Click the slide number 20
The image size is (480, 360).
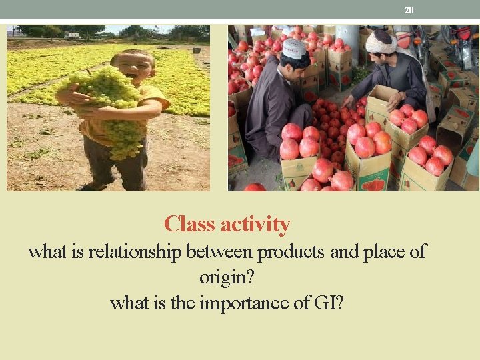click(409, 10)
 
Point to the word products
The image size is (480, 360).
click(291, 252)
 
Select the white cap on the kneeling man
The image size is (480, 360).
click(293, 48)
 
